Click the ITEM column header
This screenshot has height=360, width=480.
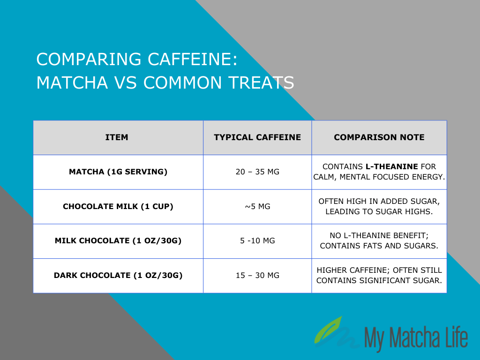click(x=117, y=137)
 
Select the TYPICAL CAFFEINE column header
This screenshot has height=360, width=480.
click(x=257, y=137)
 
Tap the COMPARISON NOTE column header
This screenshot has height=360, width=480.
click(x=379, y=137)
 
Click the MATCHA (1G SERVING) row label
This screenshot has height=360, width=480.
click(x=118, y=172)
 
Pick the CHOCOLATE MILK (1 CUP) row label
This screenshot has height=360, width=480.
click(x=118, y=206)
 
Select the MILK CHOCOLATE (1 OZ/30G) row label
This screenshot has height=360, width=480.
click(x=118, y=241)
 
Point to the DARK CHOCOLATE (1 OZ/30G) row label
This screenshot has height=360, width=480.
click(x=118, y=275)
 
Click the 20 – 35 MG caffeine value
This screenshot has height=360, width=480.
click(x=257, y=172)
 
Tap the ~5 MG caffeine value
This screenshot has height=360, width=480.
click(x=257, y=206)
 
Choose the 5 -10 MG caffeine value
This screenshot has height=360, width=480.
click(x=257, y=241)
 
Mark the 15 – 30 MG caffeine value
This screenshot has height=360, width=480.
click(x=257, y=275)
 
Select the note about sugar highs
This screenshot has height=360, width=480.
click(x=379, y=206)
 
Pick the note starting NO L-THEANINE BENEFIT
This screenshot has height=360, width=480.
click(x=379, y=241)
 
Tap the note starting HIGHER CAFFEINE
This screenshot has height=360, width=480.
click(x=379, y=275)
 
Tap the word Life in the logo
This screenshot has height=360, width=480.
click(x=455, y=337)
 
